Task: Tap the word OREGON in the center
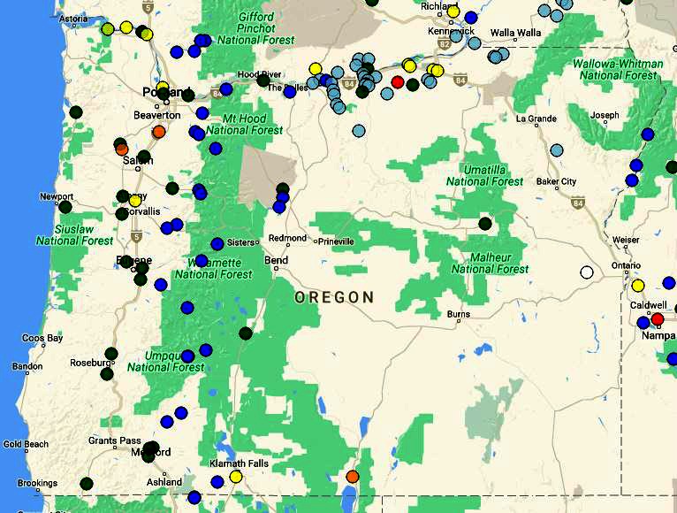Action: point(334,298)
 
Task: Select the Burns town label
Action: point(458,315)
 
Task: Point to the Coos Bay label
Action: point(42,338)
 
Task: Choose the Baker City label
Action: point(556,182)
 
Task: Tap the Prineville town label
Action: point(336,241)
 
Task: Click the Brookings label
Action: point(36,484)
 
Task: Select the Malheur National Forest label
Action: point(490,263)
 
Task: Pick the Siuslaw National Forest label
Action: point(74,234)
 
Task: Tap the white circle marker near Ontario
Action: point(586,272)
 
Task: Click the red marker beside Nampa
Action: point(658,318)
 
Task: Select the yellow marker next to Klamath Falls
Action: point(236,477)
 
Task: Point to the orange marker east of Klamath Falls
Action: point(352,477)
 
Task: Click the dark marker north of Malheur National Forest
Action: point(484,223)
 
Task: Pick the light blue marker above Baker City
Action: point(556,149)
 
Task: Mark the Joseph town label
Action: point(605,116)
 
